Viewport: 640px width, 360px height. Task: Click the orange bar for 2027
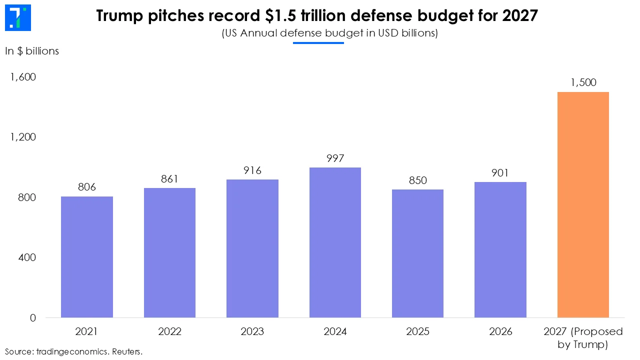tap(582, 205)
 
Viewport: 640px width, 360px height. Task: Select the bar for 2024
tap(335, 242)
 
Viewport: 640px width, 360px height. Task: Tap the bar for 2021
tap(87, 257)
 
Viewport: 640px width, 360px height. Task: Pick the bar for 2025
tap(417, 253)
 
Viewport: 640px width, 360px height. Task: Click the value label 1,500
tap(583, 82)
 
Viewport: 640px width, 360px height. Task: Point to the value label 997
tap(335, 158)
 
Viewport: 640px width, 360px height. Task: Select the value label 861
tap(169, 179)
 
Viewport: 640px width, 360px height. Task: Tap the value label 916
tap(252, 170)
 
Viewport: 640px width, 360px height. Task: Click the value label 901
tap(500, 173)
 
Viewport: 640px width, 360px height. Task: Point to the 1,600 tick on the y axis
tap(22, 77)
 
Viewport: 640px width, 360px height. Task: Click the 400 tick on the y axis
tap(27, 257)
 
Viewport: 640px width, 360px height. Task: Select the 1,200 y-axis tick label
tap(22, 137)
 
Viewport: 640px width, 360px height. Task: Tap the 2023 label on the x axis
tap(252, 331)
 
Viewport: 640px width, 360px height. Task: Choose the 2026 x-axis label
tap(500, 331)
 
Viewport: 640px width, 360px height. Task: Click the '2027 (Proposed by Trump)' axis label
tap(583, 338)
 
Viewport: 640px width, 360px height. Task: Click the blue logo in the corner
tap(18, 17)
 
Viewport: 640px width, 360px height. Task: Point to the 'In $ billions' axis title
tap(32, 51)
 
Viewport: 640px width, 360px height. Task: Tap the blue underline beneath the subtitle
tap(318, 43)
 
